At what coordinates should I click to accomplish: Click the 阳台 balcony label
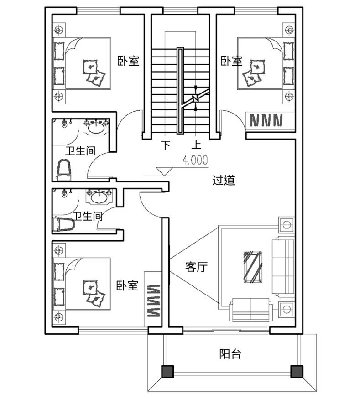click(230, 354)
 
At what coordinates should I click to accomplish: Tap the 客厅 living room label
click(196, 267)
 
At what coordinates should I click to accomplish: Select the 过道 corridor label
click(224, 180)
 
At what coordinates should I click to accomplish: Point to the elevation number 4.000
click(195, 160)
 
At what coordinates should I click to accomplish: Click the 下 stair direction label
click(166, 145)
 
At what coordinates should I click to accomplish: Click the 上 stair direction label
click(196, 145)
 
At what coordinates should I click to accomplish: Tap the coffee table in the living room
click(253, 267)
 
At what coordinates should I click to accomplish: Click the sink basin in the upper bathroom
click(96, 126)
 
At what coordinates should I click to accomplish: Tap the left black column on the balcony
click(167, 371)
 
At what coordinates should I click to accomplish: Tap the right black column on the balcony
click(297, 371)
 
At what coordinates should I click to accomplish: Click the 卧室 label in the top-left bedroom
click(128, 61)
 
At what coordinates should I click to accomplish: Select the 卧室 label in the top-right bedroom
click(231, 61)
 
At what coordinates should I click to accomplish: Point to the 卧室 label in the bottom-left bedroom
click(127, 285)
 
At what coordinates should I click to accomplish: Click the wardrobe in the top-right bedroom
click(270, 121)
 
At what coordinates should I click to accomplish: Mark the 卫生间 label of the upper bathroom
click(80, 150)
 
